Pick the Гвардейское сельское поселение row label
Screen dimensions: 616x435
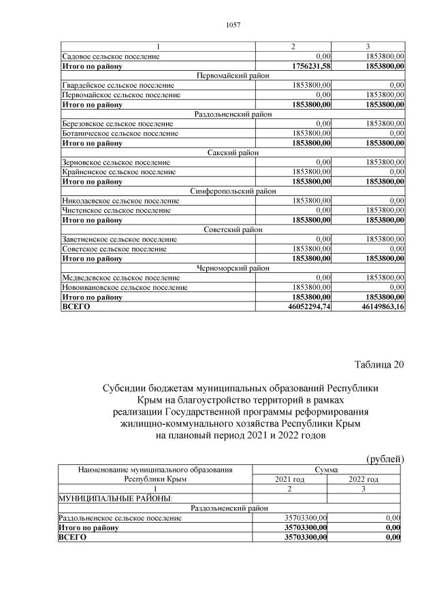(118, 85)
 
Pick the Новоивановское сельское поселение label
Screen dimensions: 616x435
(124, 288)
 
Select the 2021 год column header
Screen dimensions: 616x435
(289, 479)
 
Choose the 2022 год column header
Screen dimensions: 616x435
(364, 479)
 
